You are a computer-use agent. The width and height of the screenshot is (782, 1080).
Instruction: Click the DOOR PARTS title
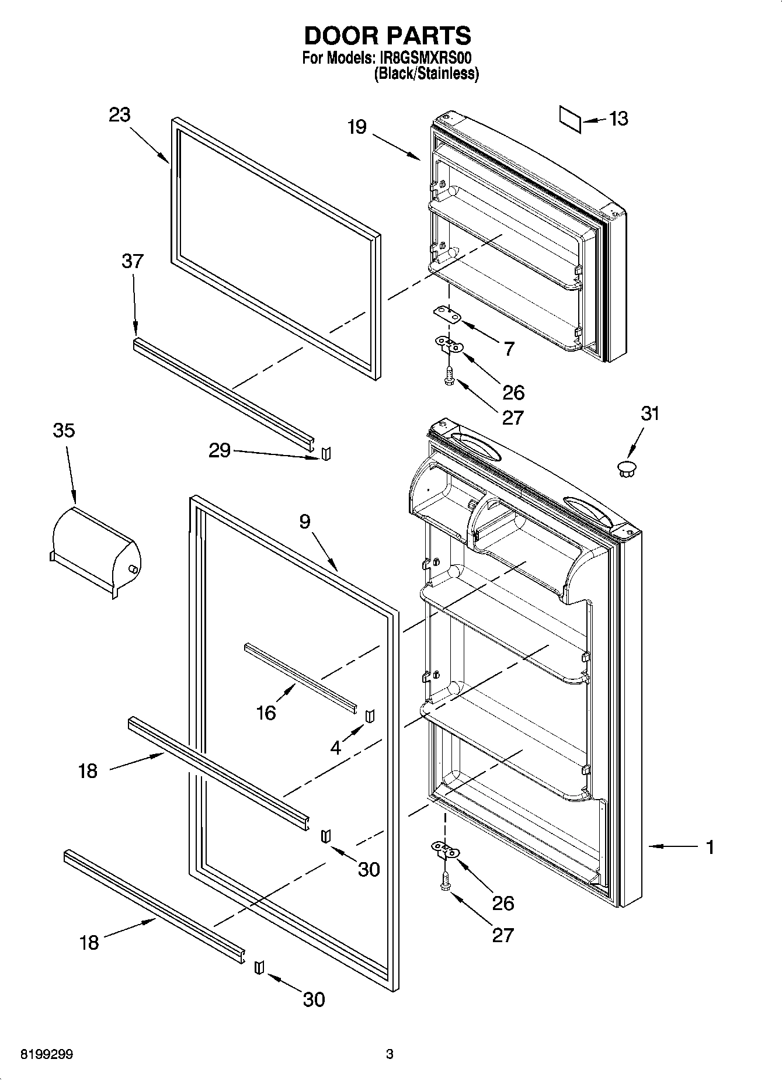tap(387, 36)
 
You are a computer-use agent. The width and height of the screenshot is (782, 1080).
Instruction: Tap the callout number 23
tap(119, 115)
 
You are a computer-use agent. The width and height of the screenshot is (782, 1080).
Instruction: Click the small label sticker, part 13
tap(571, 119)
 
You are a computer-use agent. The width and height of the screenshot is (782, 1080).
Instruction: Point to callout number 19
tap(357, 127)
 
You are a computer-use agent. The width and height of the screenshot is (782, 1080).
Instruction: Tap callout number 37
tap(133, 261)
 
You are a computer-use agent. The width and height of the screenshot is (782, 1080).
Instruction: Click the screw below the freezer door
tap(449, 376)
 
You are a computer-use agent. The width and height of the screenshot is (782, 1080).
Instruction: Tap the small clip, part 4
tap(370, 716)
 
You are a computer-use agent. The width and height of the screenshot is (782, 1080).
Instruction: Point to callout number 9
tap(305, 522)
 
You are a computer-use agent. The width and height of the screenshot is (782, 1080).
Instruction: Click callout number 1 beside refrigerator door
tap(710, 846)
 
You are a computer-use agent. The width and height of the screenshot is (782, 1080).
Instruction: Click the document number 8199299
tap(47, 1055)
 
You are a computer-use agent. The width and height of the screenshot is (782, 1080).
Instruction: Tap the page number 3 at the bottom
tap(390, 1054)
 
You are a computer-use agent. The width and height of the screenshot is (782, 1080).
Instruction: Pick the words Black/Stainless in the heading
tap(426, 74)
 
